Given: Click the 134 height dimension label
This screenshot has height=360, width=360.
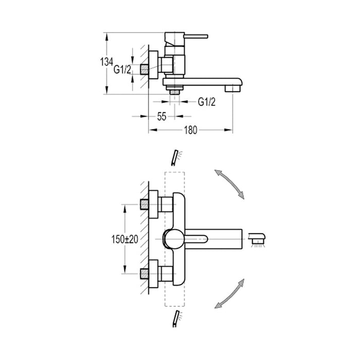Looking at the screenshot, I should pos(107,62).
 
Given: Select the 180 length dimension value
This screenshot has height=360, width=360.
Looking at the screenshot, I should pos(191,130).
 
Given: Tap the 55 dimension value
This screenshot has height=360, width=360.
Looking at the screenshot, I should pos(161,117).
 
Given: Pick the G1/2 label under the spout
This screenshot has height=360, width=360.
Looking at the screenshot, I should pos(207,101).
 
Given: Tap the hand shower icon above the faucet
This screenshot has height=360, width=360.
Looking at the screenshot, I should pos(176,156).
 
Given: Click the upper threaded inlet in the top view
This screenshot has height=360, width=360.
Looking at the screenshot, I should pos(146,204).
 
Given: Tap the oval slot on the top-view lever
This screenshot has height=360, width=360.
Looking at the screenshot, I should pos(197,239).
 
